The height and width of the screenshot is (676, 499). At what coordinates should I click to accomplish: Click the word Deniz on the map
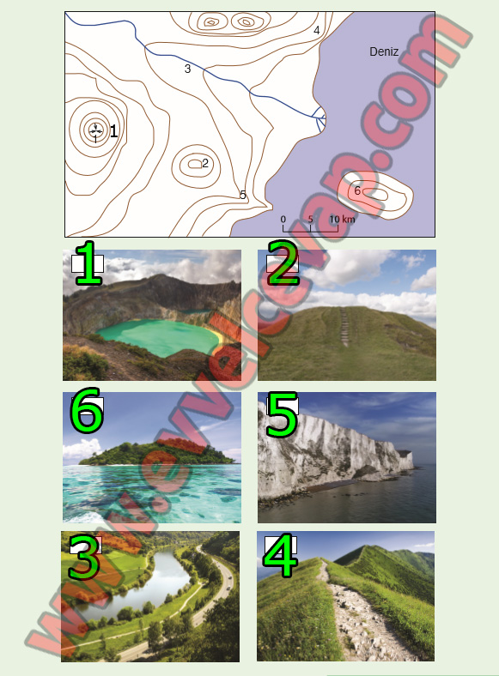(384, 51)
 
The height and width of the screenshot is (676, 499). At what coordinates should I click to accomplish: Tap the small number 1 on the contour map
(113, 131)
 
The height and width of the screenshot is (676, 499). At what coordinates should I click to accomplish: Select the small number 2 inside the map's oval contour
(205, 163)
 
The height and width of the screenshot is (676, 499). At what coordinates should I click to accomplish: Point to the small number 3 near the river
(187, 69)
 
